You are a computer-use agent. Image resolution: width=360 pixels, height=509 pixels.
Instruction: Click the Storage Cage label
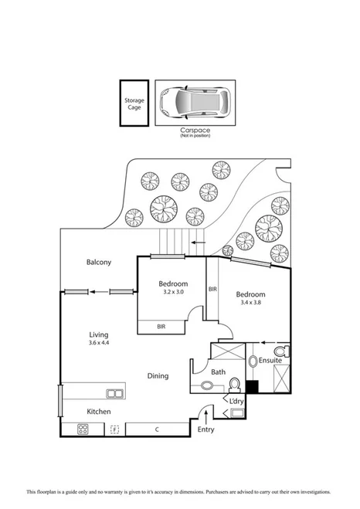click(134, 103)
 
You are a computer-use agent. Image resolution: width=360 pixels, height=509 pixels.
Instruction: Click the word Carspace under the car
click(195, 131)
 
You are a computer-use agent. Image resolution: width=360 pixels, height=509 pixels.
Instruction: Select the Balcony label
click(99, 262)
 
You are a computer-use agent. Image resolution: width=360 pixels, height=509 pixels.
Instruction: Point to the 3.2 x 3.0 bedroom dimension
click(172, 293)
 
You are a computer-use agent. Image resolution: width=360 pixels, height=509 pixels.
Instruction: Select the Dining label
click(158, 375)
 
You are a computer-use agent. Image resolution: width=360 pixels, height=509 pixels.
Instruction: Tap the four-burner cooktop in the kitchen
click(83, 429)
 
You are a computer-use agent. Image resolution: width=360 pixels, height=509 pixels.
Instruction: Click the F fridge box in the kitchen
click(114, 429)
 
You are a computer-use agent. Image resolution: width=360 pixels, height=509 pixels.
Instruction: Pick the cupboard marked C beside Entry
click(157, 429)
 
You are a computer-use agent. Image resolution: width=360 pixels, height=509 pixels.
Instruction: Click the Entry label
click(206, 429)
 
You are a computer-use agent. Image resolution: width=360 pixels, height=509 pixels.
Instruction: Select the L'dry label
click(235, 401)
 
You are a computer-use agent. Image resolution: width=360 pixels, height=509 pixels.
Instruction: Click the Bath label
click(218, 372)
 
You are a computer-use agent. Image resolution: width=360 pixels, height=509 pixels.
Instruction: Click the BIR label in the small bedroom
click(161, 327)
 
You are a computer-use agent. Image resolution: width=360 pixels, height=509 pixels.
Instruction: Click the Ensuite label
click(270, 360)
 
